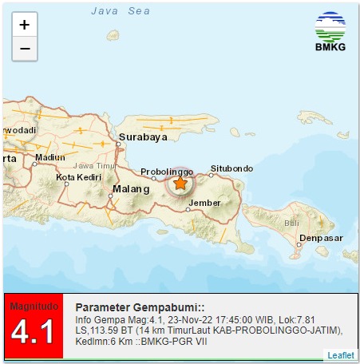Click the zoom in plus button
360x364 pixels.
pos(24,25)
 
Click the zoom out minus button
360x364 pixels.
pos(24,49)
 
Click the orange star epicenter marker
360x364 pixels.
pos(180,184)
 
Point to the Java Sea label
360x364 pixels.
pos(120,10)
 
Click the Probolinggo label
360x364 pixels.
pos(168,172)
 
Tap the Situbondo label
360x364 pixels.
pos(231,168)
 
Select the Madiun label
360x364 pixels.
pos(50,157)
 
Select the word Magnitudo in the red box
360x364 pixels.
pos(34,306)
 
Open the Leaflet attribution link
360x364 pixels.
pos(342,354)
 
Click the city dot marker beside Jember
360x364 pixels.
pos(189,209)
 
